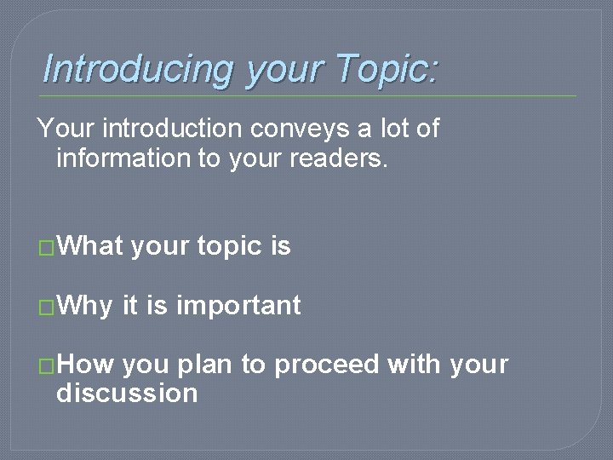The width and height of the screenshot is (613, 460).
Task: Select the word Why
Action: pos(84,305)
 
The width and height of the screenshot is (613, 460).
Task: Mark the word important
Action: pos(238,305)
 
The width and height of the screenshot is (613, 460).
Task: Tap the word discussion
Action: pos(127,394)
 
